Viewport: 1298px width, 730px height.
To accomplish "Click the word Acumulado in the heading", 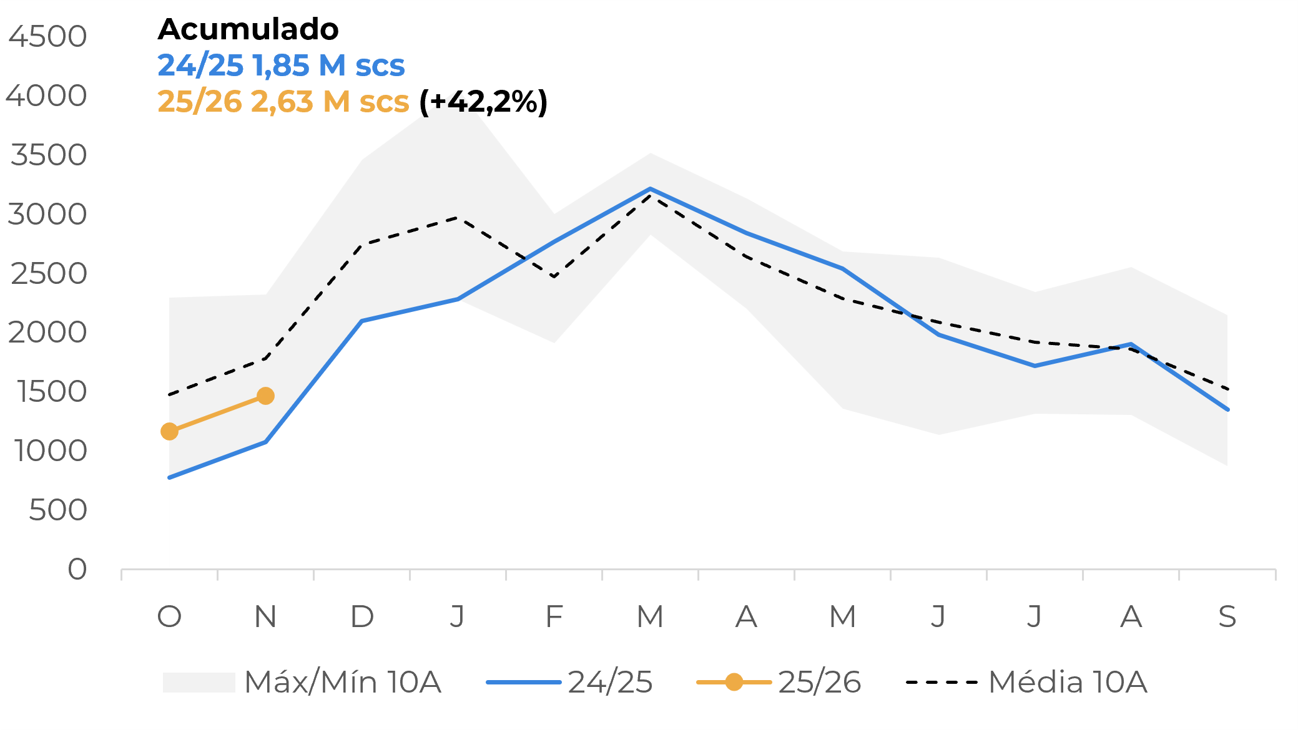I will pos(248,29).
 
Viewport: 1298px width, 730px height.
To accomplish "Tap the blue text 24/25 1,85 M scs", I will pos(281,66).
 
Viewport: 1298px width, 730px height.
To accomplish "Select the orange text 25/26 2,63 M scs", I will pos(283,102).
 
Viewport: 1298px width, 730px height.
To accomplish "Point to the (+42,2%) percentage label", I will pos(483,102).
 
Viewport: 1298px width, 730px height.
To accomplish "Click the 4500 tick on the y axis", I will pos(47,36).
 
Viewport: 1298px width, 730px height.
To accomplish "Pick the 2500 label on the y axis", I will pos(47,273).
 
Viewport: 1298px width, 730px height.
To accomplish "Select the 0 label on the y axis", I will pos(77,569).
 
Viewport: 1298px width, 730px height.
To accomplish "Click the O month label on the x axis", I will pos(169,616).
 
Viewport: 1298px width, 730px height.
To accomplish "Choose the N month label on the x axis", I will pos(265,616).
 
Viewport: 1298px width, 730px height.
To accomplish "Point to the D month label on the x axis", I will pos(361,616).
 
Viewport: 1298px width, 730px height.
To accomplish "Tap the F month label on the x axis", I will pos(554,616).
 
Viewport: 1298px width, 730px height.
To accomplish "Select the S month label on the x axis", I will pos(1227,616).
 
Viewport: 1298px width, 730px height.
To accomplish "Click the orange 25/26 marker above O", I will pos(169,431).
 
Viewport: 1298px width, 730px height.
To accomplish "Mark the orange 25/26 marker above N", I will pos(265,396).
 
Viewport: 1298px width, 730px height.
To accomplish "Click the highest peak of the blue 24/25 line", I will pos(650,188).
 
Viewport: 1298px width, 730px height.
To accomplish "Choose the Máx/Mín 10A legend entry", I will pos(302,682).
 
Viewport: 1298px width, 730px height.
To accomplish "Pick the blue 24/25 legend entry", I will pos(569,682).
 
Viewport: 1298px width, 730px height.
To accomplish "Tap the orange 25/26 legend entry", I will pos(779,682).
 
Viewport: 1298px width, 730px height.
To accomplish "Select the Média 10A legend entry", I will pos(1026,682).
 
